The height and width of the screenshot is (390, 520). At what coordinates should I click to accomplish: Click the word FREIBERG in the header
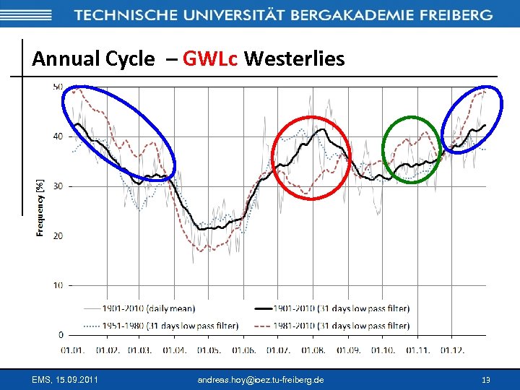click(x=452, y=15)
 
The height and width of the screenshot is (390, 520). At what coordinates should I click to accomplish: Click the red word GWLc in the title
click(x=210, y=58)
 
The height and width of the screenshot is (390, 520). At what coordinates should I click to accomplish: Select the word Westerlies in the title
click(x=295, y=58)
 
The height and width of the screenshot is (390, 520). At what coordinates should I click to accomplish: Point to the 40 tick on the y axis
click(x=57, y=136)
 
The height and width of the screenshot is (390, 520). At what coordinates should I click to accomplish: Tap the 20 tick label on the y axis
click(x=57, y=235)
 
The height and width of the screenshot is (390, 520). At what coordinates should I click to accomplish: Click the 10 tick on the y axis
click(x=57, y=285)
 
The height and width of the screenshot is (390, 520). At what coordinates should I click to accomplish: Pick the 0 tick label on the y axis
click(x=60, y=335)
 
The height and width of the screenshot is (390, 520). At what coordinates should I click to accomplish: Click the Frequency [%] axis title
click(x=40, y=208)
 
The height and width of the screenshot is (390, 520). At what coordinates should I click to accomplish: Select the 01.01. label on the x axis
click(x=71, y=350)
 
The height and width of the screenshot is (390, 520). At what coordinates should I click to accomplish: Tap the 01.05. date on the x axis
click(x=209, y=350)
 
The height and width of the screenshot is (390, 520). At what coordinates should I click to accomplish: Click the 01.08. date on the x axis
click(x=313, y=350)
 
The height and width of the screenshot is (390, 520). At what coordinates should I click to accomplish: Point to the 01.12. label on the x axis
click(x=451, y=350)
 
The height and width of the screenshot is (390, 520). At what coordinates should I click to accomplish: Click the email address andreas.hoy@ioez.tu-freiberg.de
click(x=260, y=379)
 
